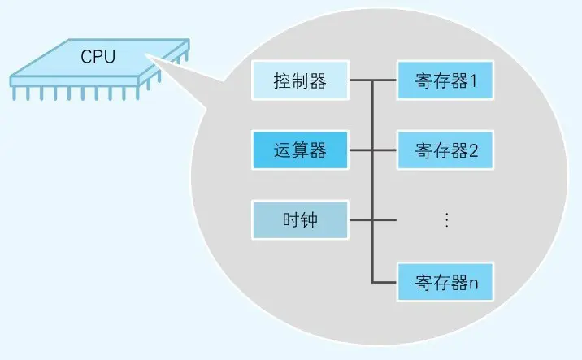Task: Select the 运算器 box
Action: click(x=300, y=150)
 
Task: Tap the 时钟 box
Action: click(x=300, y=219)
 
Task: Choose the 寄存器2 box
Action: click(x=445, y=150)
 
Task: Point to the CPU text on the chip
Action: click(x=98, y=58)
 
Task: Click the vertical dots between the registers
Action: click(x=445, y=219)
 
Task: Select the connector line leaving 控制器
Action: click(x=360, y=80)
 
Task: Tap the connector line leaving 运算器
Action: click(x=360, y=150)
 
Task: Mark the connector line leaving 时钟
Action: click(x=360, y=219)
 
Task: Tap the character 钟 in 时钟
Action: click(x=311, y=220)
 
